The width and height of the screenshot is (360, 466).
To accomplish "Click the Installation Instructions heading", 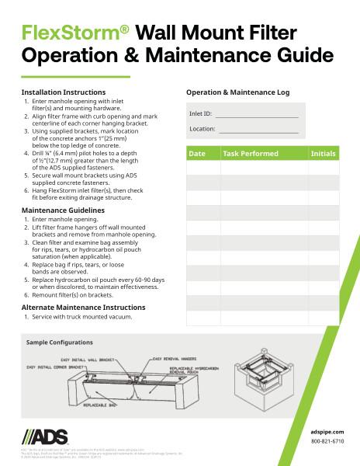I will pyautogui.click(x=63, y=92).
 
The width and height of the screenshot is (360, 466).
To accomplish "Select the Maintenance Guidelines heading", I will pyautogui.click(x=62, y=210).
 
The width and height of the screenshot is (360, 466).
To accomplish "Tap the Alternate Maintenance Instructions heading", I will pyautogui.click(x=83, y=307).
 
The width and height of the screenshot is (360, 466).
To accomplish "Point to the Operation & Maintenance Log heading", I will pyautogui.click(x=237, y=92).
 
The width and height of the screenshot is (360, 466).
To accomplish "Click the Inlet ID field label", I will pyautogui.click(x=200, y=114).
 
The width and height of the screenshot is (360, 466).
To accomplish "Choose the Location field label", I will pyautogui.click(x=202, y=129).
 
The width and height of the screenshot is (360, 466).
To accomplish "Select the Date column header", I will pyautogui.click(x=197, y=154).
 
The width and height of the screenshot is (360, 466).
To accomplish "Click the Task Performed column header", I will pyautogui.click(x=250, y=154).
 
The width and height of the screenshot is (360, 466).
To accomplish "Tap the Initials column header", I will pyautogui.click(x=323, y=154).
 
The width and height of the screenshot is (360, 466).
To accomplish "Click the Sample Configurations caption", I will pyautogui.click(x=60, y=342).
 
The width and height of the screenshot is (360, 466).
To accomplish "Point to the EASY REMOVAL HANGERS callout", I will pyautogui.click(x=181, y=358).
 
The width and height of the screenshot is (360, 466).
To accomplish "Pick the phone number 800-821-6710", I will pyautogui.click(x=327, y=441).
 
